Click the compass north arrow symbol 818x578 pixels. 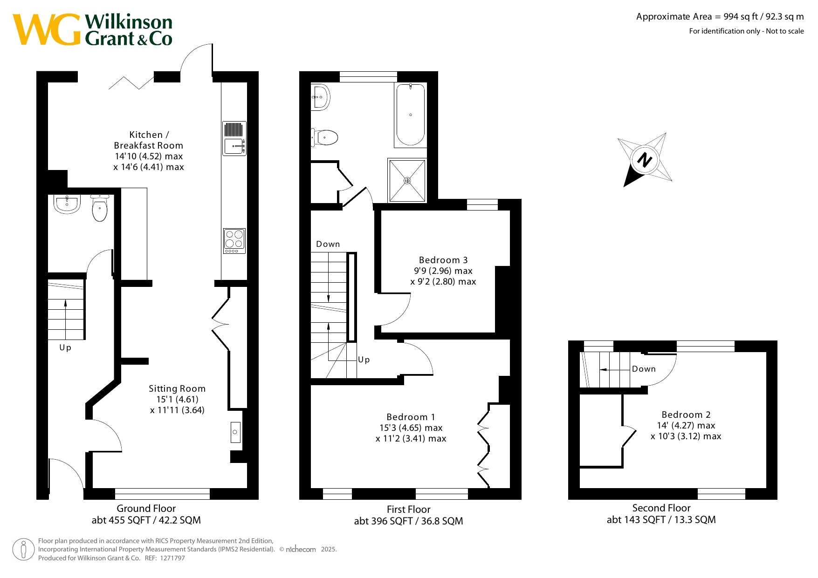click(645, 159)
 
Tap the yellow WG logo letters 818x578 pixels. click(47, 30)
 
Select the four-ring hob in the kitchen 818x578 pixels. click(234, 241)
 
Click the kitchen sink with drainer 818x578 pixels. click(234, 138)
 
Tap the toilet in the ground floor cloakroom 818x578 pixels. click(100, 208)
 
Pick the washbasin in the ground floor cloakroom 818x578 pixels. click(67, 204)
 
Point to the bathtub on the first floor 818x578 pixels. click(411, 115)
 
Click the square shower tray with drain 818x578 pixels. click(407, 180)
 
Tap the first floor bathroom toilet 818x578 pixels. click(324, 137)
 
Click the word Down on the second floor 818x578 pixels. click(644, 369)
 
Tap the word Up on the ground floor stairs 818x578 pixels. click(65, 347)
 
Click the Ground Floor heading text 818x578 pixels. click(146, 508)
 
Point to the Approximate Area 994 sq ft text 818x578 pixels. click(720, 17)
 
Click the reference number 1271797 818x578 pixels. click(172, 558)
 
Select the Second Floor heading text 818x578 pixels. click(661, 508)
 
